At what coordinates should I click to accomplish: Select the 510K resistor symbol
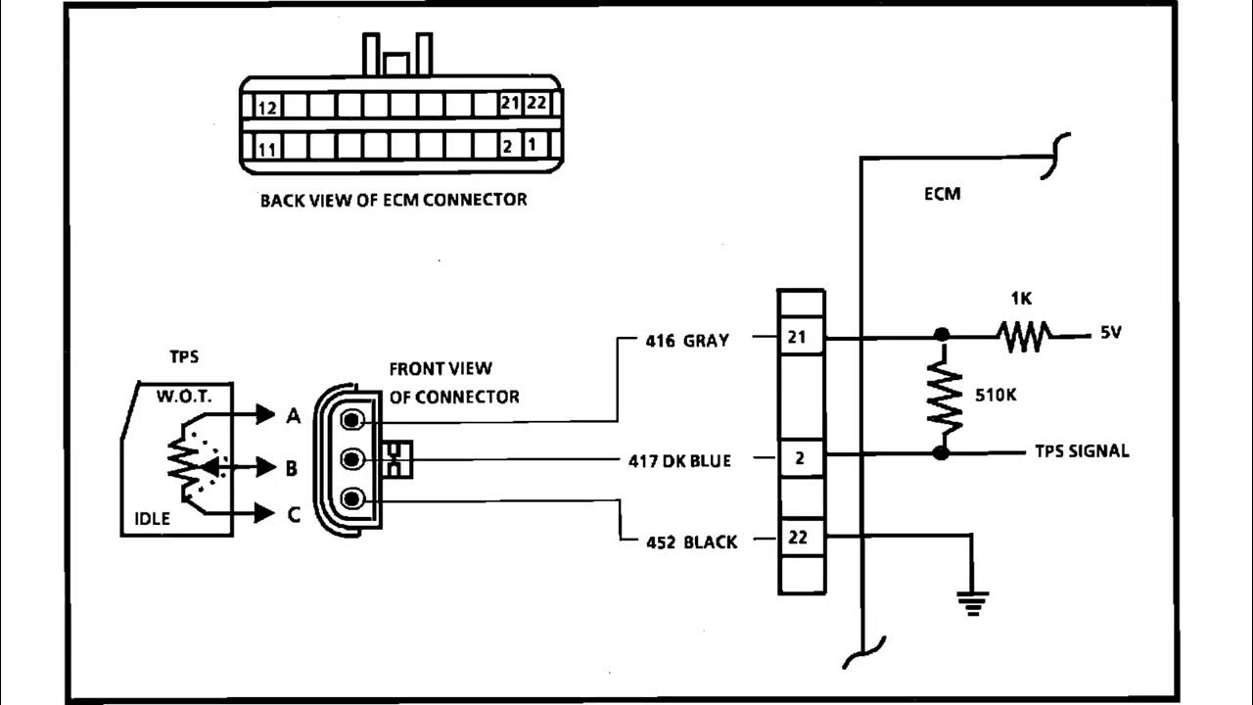tap(945, 395)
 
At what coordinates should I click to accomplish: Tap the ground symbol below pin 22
tap(972, 602)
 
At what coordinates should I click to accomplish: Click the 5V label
tap(1110, 333)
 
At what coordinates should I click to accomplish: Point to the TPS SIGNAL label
tap(1082, 451)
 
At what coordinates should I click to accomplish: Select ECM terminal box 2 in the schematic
tap(801, 457)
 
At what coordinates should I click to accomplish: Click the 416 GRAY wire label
tap(686, 342)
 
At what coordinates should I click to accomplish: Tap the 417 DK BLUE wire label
tap(679, 460)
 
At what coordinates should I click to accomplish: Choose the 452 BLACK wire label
tap(691, 541)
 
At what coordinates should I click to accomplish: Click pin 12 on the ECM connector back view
tap(267, 105)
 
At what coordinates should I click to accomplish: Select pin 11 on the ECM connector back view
tap(267, 149)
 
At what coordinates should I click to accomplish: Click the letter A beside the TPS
tap(292, 416)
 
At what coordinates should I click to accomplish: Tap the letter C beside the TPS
tap(293, 514)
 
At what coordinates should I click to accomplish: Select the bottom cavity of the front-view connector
tap(353, 498)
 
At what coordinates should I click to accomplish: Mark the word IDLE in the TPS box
tap(153, 518)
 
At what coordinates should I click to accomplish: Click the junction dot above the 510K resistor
tap(943, 336)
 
